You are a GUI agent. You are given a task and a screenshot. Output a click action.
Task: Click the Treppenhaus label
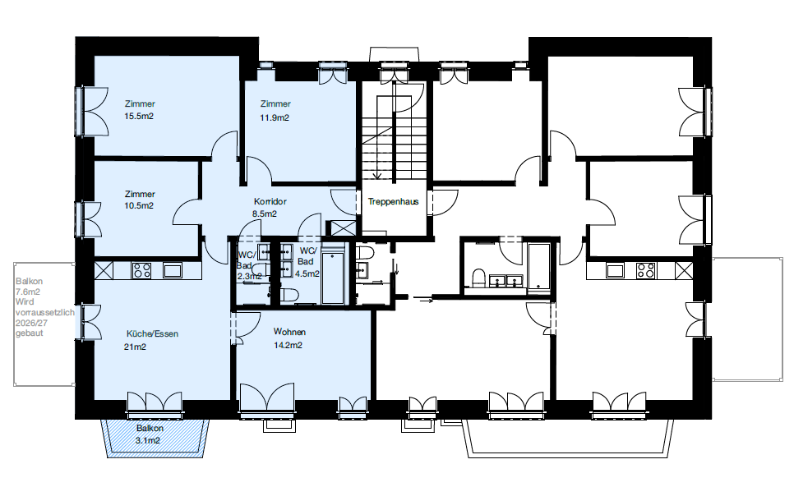[x=393, y=201]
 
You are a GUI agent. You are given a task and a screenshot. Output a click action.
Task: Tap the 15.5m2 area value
[x=139, y=116]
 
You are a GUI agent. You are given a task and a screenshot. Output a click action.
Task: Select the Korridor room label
[x=270, y=201]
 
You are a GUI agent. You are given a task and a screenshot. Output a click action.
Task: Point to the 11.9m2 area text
[x=275, y=117]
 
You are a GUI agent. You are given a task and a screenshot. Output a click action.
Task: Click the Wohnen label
[x=289, y=332]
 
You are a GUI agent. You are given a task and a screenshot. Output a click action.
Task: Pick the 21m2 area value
[x=135, y=347]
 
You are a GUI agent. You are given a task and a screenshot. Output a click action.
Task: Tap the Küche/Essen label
[x=152, y=333]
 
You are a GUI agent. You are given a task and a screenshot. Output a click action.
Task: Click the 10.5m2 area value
[x=139, y=206]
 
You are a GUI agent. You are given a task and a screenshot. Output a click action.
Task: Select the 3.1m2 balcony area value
[x=147, y=440]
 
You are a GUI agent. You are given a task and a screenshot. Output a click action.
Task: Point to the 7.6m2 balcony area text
[x=28, y=292]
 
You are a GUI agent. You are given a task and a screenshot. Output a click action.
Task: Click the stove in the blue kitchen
[x=141, y=270]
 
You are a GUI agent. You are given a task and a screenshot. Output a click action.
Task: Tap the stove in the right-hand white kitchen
[x=645, y=270]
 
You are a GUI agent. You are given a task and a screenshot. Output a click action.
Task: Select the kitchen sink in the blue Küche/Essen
[x=172, y=270]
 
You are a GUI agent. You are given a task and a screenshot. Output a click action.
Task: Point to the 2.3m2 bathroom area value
[x=249, y=277]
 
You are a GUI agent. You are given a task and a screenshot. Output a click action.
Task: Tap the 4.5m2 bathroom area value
[x=307, y=274]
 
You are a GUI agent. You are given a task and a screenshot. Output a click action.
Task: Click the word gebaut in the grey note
[x=30, y=333]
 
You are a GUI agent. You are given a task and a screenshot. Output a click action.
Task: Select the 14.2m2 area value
[x=289, y=346]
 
